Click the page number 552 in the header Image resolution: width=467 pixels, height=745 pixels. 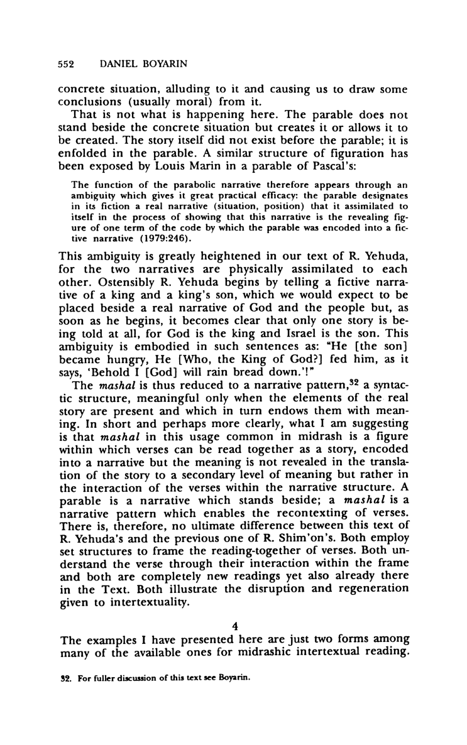pos(67,64)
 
